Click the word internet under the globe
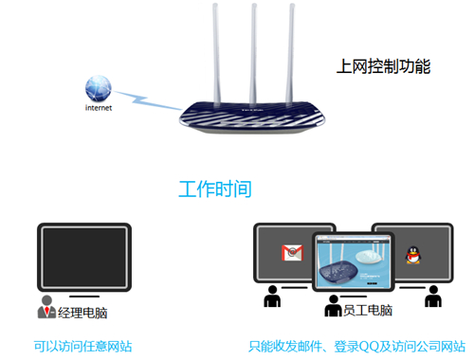click(x=98, y=109)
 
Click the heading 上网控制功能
click(x=384, y=67)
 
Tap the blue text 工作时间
click(x=215, y=189)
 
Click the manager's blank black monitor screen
click(x=83, y=253)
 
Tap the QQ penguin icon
click(x=411, y=254)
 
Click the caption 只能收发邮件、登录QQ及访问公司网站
click(x=356, y=347)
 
